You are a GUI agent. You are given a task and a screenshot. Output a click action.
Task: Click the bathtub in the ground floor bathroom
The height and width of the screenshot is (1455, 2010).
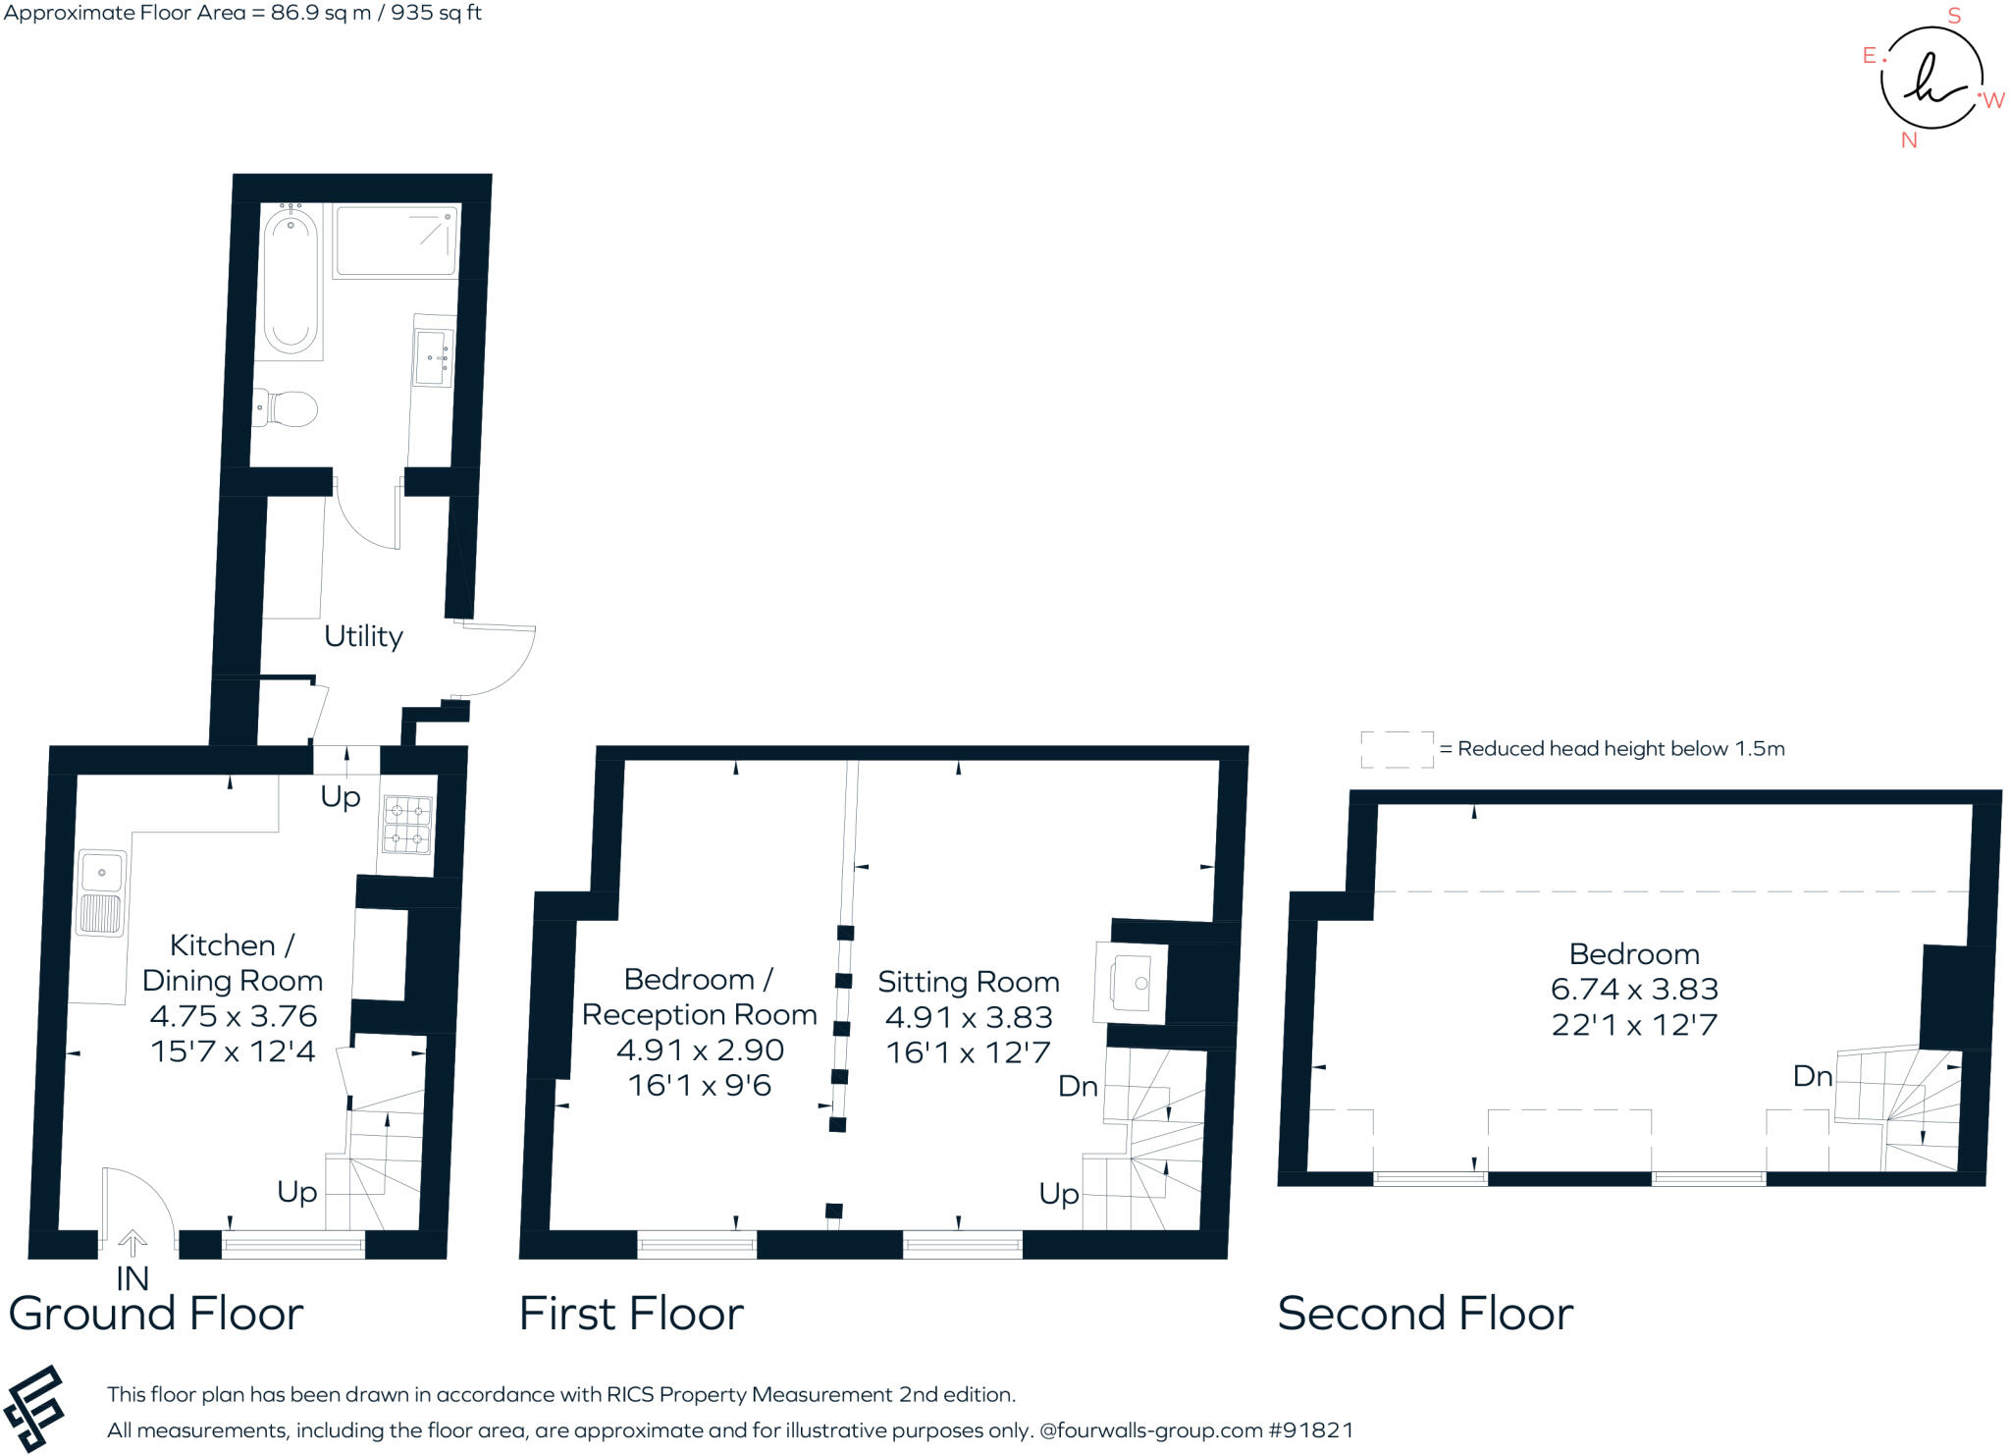(291, 281)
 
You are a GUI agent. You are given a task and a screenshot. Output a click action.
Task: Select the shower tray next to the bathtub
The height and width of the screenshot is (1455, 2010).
(396, 241)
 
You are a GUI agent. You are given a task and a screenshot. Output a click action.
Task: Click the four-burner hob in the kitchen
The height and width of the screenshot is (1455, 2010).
(407, 825)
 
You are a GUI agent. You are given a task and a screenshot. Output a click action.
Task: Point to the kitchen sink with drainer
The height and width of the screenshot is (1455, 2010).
(101, 892)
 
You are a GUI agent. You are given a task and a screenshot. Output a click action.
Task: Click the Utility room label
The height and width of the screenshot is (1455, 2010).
(363, 636)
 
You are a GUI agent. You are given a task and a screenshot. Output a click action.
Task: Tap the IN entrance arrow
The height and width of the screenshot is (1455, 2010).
(132, 1244)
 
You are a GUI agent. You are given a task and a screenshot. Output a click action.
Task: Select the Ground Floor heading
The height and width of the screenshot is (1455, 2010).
(156, 1314)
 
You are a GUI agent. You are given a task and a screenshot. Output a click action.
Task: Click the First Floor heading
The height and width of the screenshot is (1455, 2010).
(631, 1314)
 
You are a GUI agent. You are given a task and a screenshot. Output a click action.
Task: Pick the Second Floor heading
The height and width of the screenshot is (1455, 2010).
(1425, 1314)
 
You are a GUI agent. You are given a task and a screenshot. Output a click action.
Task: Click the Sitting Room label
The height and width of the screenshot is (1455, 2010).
(969, 982)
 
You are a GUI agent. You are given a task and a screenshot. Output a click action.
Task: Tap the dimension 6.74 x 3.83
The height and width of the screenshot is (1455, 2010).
(1634, 989)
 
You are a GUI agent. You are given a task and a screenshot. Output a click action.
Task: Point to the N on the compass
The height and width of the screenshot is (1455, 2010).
(1909, 140)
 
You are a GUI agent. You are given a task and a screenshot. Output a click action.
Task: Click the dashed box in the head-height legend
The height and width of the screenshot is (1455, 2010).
(1397, 749)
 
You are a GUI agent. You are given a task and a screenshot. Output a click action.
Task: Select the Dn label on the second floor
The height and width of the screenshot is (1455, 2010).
(1813, 1076)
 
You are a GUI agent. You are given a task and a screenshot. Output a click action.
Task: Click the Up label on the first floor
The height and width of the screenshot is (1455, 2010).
(1059, 1194)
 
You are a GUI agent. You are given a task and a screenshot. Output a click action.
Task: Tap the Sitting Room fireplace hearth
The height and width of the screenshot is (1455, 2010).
(1131, 984)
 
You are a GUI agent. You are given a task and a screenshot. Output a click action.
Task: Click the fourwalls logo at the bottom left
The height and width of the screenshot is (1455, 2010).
(35, 1409)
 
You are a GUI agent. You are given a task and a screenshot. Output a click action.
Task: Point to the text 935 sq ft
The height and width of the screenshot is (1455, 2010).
(436, 13)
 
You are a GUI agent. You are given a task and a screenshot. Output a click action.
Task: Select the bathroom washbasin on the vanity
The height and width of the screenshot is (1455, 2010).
(433, 358)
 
